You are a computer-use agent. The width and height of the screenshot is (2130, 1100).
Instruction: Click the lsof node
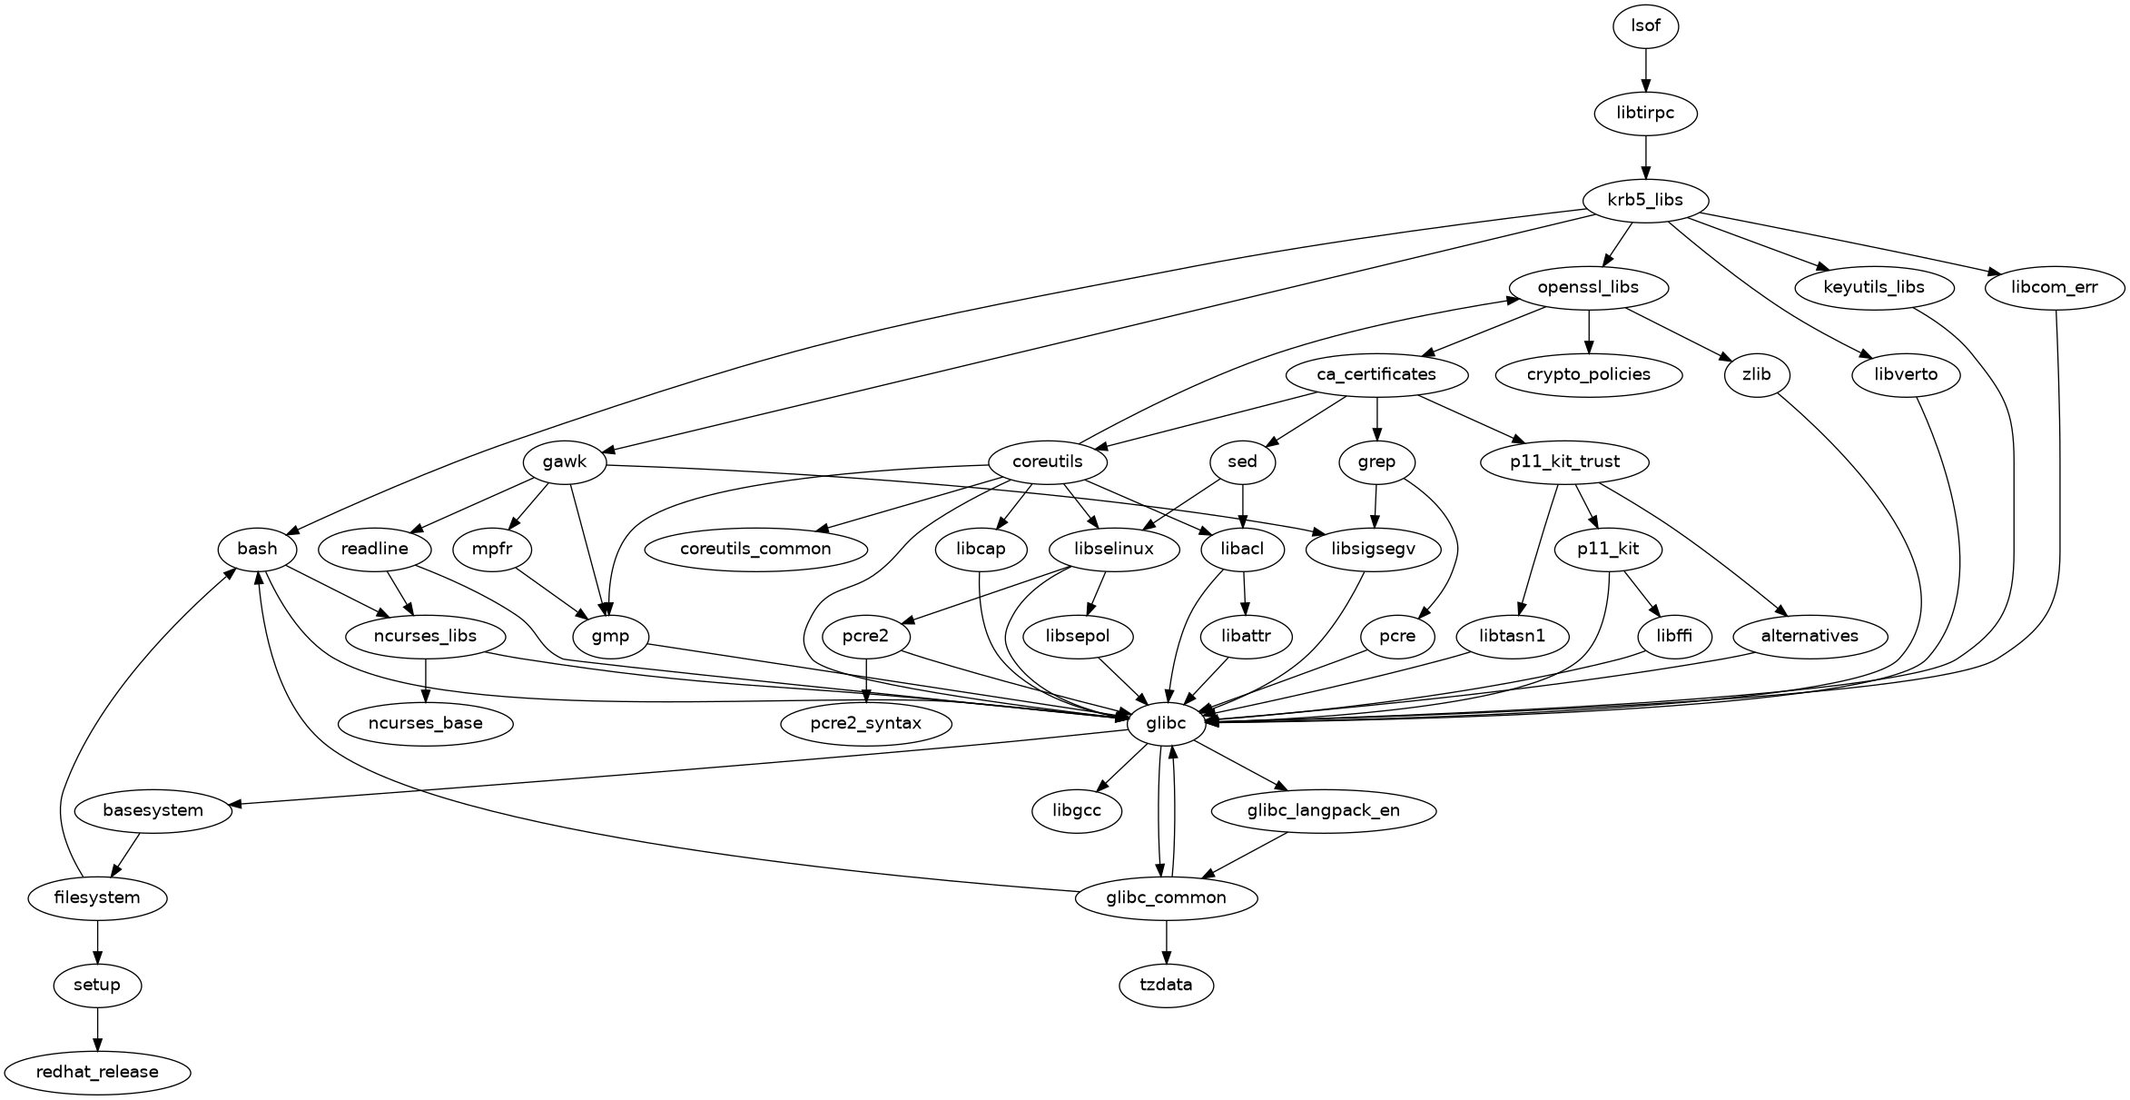tap(1645, 26)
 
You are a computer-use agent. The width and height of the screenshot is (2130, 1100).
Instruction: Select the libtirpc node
tap(1645, 114)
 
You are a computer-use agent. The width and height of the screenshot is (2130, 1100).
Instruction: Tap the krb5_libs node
tap(1645, 201)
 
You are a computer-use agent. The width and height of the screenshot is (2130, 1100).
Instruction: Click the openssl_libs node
tap(1588, 288)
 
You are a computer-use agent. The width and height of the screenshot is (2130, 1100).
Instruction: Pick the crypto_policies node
tap(1588, 375)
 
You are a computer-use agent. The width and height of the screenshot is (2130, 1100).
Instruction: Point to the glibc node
tap(1167, 724)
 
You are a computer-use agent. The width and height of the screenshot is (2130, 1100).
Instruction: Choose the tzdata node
tap(1167, 985)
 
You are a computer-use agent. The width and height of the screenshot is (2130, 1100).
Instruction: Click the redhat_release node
tap(97, 1072)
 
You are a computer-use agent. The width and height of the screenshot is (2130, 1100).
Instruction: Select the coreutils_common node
tap(755, 550)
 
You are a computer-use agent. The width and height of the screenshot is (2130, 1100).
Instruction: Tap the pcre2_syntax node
tap(866, 724)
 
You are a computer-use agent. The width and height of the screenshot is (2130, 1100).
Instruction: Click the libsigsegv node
tap(1374, 550)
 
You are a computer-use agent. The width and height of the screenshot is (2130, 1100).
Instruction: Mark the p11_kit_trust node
tap(1564, 462)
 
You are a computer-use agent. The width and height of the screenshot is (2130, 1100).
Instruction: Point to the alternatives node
tap(1810, 637)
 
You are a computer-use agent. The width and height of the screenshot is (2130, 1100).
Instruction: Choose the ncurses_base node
tap(425, 724)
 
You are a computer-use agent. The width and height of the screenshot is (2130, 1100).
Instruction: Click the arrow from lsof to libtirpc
tap(1645, 70)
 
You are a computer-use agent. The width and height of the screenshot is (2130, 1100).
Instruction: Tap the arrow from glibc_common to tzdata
tap(1167, 942)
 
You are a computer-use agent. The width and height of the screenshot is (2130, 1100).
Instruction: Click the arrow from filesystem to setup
tap(97, 942)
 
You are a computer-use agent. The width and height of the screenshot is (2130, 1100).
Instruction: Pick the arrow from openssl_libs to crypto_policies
tap(1588, 332)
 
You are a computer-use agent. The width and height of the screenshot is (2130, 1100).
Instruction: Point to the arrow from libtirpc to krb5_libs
tap(1645, 157)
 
